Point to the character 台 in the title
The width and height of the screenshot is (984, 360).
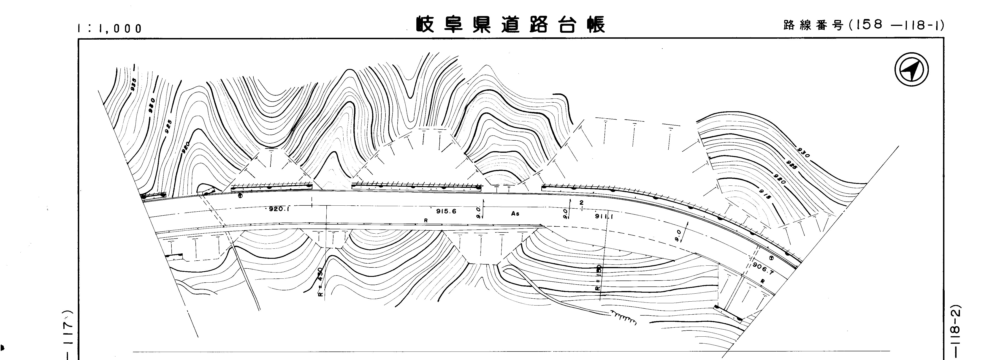567,25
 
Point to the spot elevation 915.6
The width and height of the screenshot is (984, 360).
446,211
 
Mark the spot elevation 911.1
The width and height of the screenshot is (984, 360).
604,216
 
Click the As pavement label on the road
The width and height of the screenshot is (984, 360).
515,214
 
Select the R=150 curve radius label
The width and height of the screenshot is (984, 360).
599,278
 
